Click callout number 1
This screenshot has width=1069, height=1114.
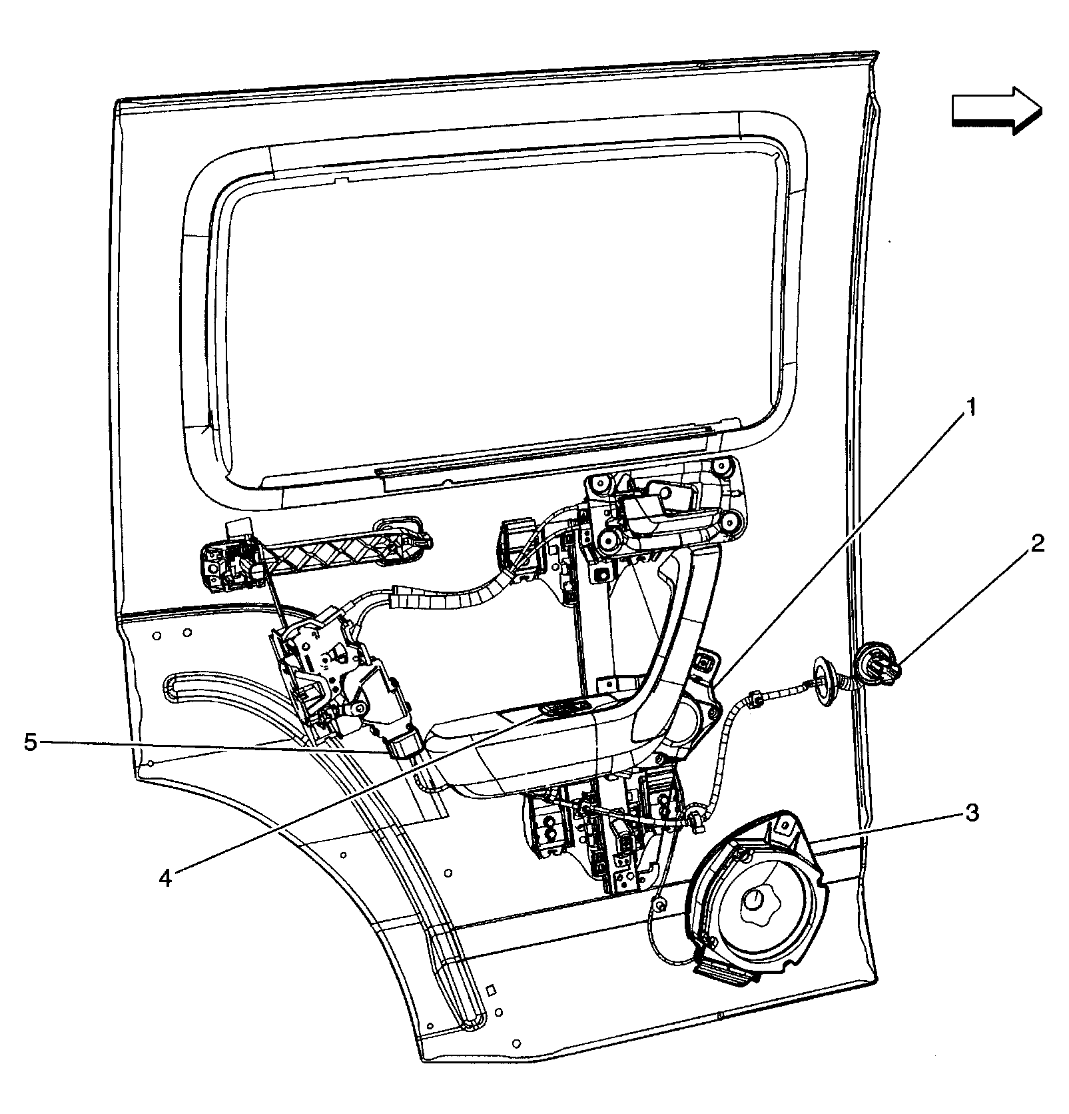[x=972, y=406]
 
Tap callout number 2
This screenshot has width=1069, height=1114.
[x=1036, y=544]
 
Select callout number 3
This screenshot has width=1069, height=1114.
[x=972, y=813]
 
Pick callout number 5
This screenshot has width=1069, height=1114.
[x=31, y=742]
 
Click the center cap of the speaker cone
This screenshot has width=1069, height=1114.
[x=755, y=901]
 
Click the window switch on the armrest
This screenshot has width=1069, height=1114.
[x=565, y=710]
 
